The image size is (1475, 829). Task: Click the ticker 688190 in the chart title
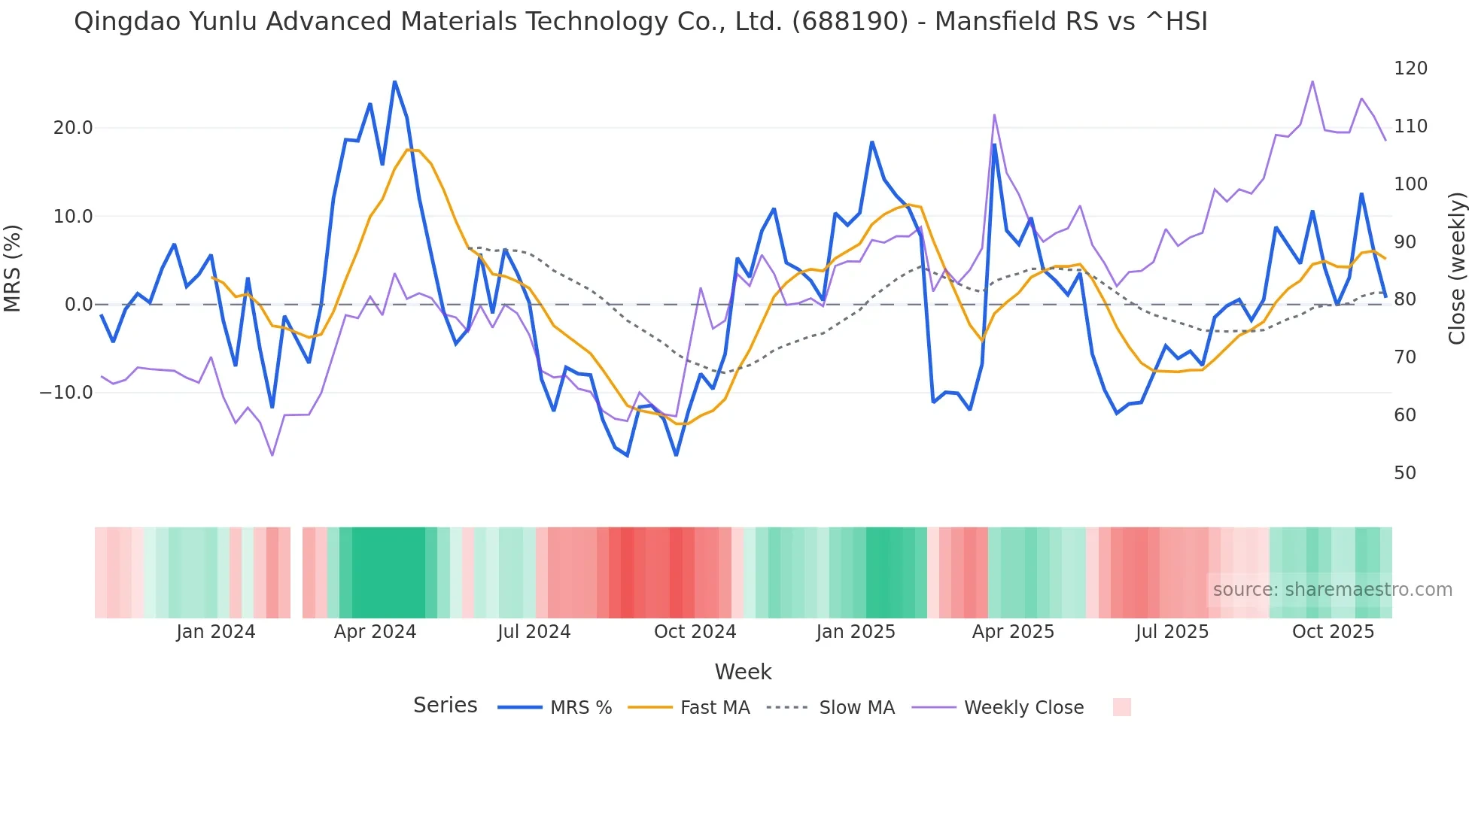click(850, 22)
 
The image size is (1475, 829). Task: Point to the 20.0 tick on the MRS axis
click(73, 128)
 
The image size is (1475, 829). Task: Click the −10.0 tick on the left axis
click(66, 393)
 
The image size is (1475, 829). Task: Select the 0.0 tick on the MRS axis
click(78, 305)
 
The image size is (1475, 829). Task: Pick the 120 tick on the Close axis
click(1410, 68)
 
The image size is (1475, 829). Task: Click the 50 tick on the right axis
click(1405, 473)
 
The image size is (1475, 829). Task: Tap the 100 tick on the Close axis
click(1410, 184)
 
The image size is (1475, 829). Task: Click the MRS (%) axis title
click(13, 269)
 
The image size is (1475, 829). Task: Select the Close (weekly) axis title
click(1457, 269)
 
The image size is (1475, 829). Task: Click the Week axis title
click(743, 672)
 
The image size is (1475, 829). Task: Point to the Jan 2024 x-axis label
click(216, 632)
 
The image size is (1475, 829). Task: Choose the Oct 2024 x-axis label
click(695, 632)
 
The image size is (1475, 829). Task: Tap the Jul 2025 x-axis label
click(1172, 632)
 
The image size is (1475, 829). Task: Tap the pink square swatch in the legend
click(1121, 707)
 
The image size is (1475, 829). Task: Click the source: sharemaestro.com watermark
click(1332, 590)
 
